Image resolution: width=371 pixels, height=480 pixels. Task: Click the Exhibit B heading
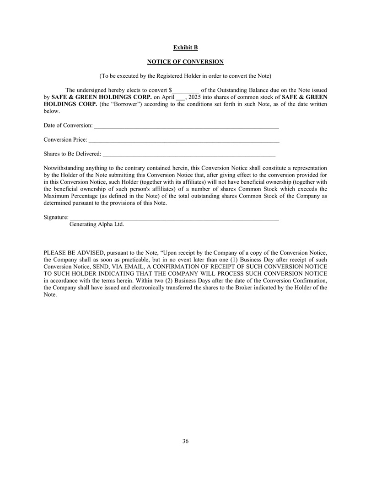[185, 48]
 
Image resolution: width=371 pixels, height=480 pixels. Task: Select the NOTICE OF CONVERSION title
[185, 61]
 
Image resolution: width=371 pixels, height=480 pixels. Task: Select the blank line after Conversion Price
[184, 140]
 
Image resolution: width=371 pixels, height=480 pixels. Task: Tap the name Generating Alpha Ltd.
[97, 224]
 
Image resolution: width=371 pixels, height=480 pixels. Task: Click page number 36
[185, 441]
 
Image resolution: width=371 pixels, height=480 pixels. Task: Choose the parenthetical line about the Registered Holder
[185, 75]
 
